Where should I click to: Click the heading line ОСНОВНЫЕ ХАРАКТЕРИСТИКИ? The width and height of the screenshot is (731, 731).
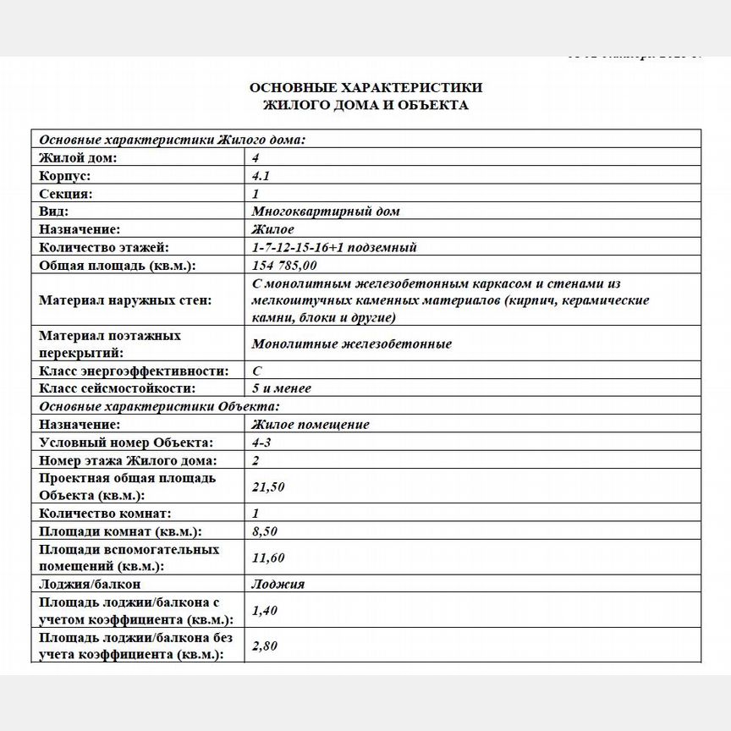point(365,87)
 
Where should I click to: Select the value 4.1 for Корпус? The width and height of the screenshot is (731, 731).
point(261,176)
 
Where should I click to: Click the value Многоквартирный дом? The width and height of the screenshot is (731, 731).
point(326,212)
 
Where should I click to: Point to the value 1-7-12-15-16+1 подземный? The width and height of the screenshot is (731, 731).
point(334,247)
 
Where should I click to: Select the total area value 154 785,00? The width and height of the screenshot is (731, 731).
point(286,265)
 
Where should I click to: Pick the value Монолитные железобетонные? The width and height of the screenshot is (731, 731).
point(352,344)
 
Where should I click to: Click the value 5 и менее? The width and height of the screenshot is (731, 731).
point(282,388)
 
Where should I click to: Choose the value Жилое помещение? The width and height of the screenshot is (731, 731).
point(311,425)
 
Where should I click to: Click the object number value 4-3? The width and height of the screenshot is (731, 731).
point(261,442)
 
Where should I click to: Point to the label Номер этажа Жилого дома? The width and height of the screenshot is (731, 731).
point(128,460)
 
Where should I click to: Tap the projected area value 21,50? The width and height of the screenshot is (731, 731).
point(268,486)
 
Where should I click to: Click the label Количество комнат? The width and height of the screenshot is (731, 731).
point(106,514)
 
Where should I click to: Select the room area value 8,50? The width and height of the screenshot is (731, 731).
point(265,531)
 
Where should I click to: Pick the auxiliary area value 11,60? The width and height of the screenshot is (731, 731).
point(268,558)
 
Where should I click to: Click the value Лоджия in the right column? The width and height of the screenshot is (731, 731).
point(278,584)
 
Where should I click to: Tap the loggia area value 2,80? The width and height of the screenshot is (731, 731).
point(265,646)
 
